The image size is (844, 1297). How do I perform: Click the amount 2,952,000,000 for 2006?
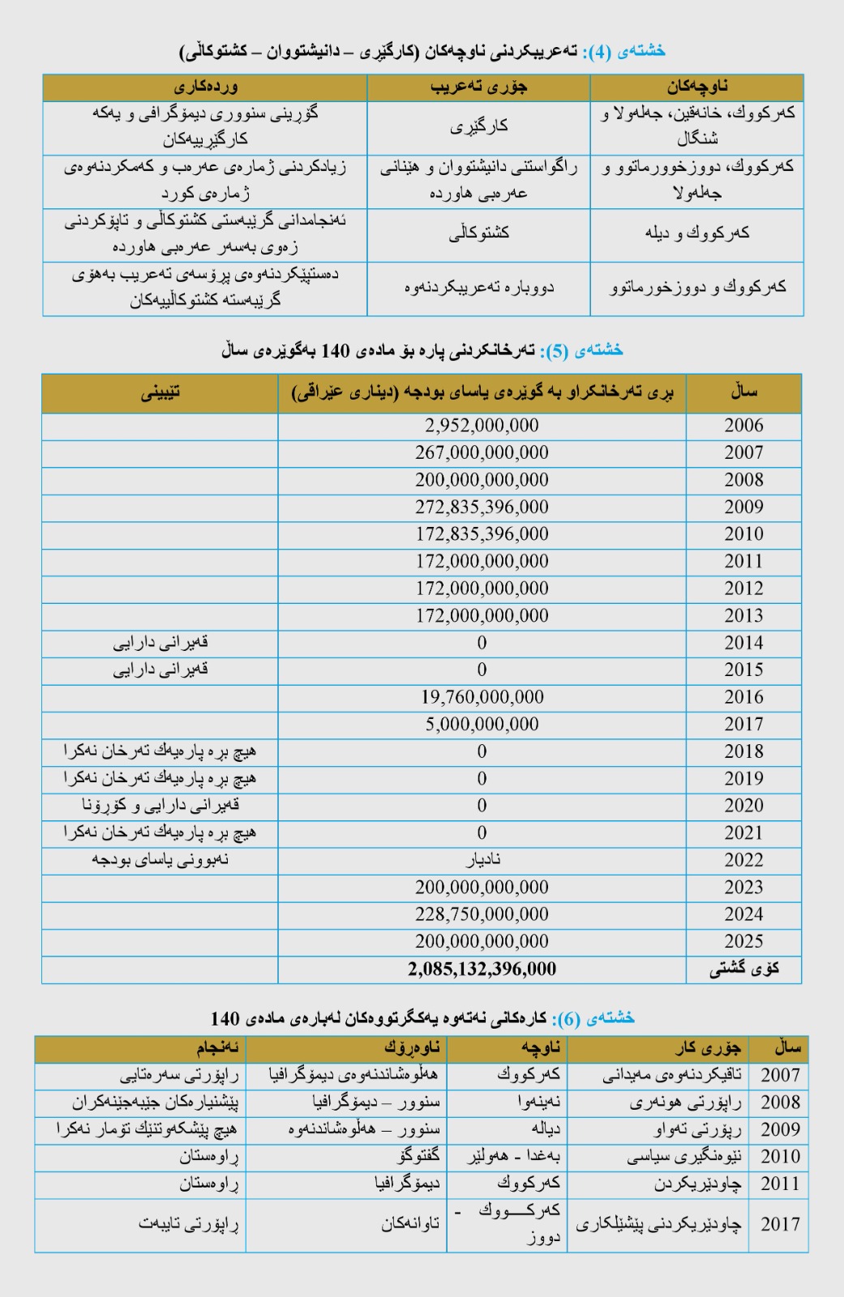pyautogui.click(x=482, y=426)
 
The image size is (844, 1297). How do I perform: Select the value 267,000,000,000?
pyautogui.click(x=482, y=452)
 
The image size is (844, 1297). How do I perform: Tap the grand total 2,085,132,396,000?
pyautogui.click(x=482, y=969)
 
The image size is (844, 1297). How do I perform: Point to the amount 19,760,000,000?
pyautogui.click(x=482, y=697)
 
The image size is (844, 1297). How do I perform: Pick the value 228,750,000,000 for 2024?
pyautogui.click(x=482, y=914)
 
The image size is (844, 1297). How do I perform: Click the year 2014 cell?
pyautogui.click(x=743, y=643)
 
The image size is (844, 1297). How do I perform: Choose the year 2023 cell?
pyautogui.click(x=743, y=887)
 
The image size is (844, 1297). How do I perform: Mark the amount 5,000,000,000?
pyautogui.click(x=482, y=724)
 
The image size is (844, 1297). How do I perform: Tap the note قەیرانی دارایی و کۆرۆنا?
pyautogui.click(x=161, y=806)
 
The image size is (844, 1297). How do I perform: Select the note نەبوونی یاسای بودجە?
pyautogui.click(x=161, y=860)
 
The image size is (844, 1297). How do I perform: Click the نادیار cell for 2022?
pyautogui.click(x=482, y=860)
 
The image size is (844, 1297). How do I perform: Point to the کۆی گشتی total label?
pyautogui.click(x=743, y=969)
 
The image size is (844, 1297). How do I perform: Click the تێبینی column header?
pyautogui.click(x=161, y=393)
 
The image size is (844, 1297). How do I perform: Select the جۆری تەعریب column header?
pyautogui.click(x=478, y=88)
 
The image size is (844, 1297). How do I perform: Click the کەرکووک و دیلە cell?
pyautogui.click(x=696, y=233)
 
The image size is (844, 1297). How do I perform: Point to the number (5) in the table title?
pyautogui.click(x=556, y=350)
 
